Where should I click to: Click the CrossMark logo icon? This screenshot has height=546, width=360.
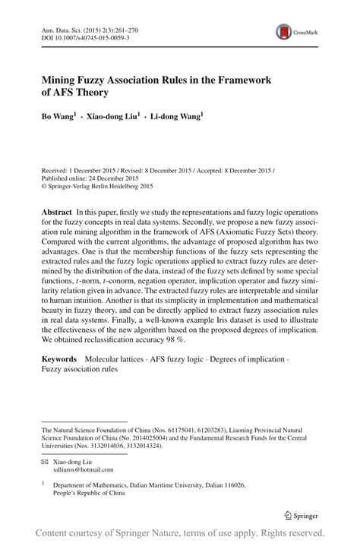tap(288, 31)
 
